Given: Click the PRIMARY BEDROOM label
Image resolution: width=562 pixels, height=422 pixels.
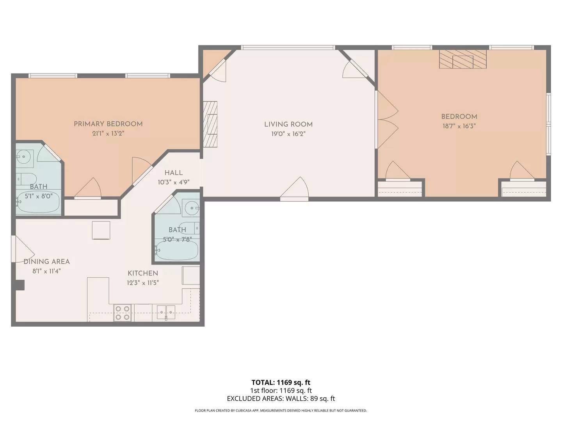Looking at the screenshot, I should tap(108, 124).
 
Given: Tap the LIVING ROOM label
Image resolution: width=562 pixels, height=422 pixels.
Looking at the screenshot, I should tap(288, 124).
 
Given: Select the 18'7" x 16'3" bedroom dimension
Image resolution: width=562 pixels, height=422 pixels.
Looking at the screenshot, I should tap(459, 126).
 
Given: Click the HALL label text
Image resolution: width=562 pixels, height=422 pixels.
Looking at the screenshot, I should tap(173, 173).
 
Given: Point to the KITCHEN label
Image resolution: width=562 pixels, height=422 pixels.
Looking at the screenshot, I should tap(143, 273).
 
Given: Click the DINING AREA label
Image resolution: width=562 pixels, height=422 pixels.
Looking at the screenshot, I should tap(46, 262).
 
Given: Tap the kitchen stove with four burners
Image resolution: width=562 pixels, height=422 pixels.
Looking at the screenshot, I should tap(123, 313).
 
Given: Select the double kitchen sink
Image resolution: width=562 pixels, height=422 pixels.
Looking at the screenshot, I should tap(166, 311).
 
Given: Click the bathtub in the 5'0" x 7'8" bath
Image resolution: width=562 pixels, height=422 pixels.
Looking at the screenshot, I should tap(177, 250).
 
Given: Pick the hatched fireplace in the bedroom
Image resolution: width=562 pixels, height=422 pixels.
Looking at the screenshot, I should tap(463, 59).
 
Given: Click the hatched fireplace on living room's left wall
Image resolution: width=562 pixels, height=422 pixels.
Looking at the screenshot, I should tap(210, 124).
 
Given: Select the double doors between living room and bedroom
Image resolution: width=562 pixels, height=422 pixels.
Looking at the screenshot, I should tap(386, 120).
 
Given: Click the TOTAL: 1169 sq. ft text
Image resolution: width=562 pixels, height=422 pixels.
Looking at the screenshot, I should tap(281, 383).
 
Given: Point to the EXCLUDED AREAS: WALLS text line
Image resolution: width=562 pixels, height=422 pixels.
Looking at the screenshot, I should tap(281, 399).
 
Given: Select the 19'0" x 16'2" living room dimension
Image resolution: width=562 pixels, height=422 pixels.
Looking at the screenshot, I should tap(288, 134).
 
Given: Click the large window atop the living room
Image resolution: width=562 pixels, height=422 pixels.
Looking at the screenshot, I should tap(288, 48).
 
